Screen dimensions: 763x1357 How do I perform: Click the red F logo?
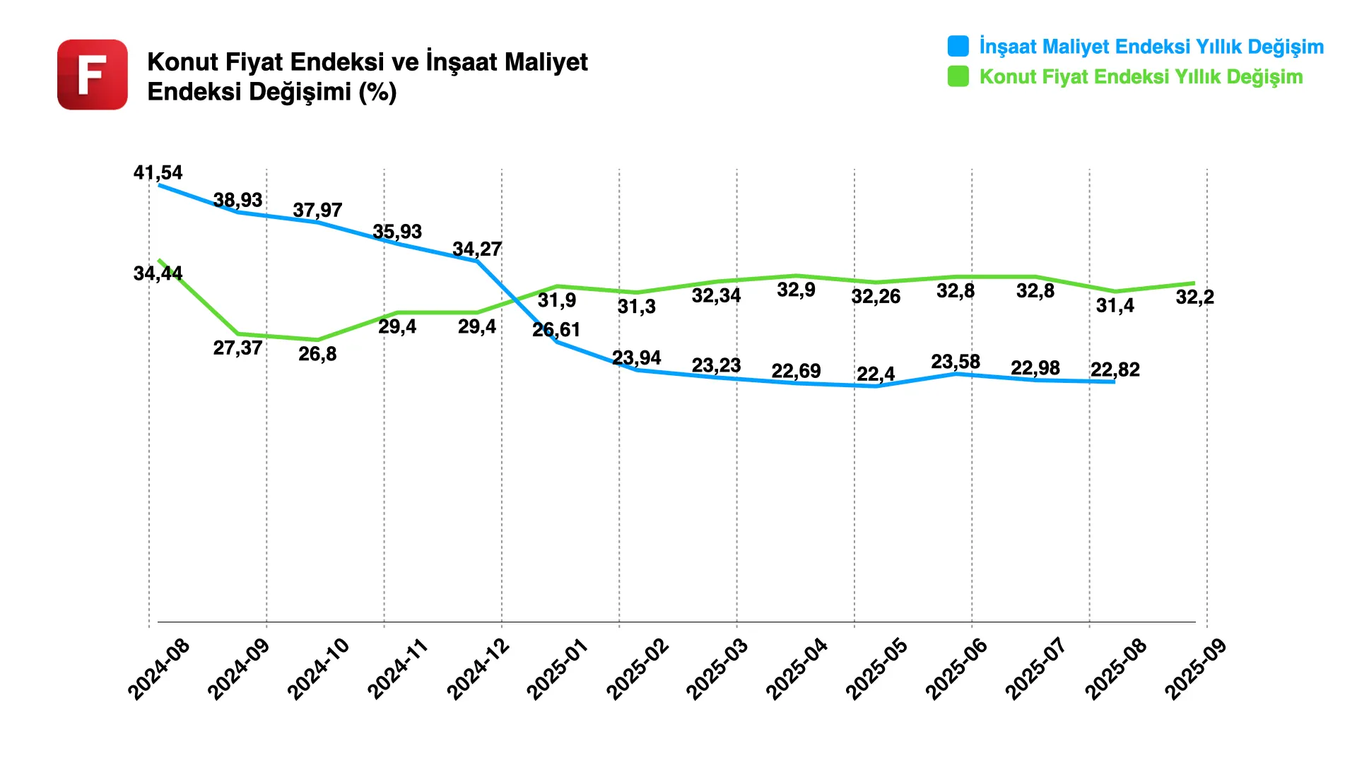(93, 74)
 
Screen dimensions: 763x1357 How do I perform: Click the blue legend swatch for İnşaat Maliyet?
(958, 46)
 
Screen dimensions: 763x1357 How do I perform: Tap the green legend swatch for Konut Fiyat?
(958, 76)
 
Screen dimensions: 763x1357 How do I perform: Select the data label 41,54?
(158, 172)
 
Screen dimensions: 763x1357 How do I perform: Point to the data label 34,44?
(158, 273)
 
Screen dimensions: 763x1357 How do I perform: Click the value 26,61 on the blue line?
(556, 330)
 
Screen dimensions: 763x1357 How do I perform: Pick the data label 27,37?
(237, 348)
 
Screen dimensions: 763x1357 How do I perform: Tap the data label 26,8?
(317, 354)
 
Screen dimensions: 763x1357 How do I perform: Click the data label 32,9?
(796, 290)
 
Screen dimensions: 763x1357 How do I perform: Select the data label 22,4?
(876, 374)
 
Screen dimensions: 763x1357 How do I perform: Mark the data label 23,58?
(956, 362)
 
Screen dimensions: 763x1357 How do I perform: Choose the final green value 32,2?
(1194, 297)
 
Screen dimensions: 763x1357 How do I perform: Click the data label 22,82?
(1115, 369)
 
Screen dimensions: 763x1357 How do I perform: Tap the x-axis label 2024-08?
(159, 669)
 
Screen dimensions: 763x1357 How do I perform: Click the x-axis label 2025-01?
(558, 669)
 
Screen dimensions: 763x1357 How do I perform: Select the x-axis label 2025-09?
(1196, 669)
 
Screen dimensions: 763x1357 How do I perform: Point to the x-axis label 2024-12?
(478, 669)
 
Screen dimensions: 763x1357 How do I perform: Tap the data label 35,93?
(397, 232)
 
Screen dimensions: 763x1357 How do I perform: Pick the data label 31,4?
(1115, 306)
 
